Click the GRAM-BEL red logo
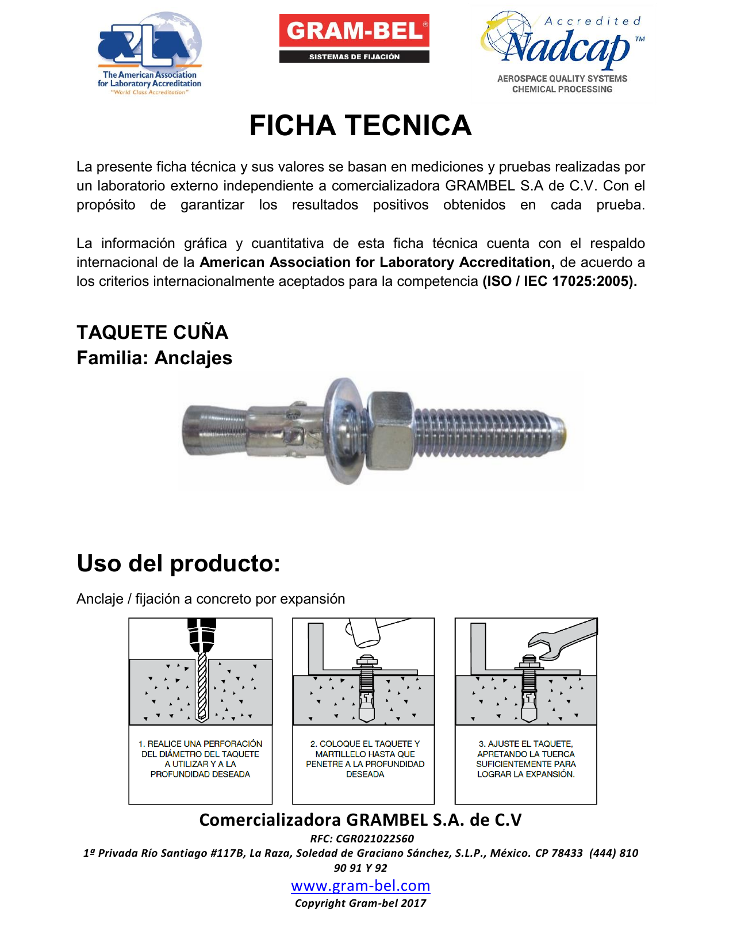[x=354, y=30]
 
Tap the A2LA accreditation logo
[x=149, y=54]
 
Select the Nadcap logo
[x=562, y=53]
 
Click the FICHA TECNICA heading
[x=360, y=125]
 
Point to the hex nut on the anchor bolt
[x=390, y=430]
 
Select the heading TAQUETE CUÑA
[x=152, y=332]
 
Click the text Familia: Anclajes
[x=154, y=358]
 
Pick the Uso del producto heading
[x=178, y=563]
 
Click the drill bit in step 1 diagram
[x=201, y=688]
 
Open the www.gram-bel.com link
[x=360, y=886]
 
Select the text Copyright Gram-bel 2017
[x=360, y=903]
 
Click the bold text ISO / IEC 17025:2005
[x=559, y=281]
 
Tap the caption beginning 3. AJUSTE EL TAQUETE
[x=525, y=759]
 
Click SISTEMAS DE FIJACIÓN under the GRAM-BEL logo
[x=354, y=56]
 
